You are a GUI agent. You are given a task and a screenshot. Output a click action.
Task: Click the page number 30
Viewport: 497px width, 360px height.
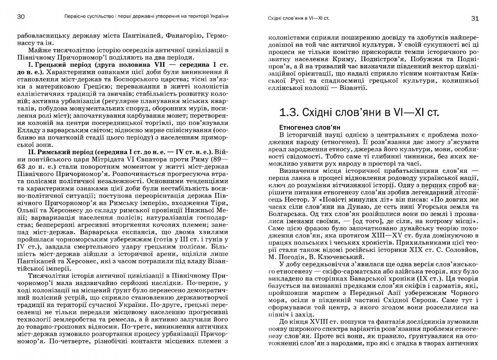[21, 17]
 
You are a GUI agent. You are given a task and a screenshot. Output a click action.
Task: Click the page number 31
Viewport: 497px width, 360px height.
[475, 18]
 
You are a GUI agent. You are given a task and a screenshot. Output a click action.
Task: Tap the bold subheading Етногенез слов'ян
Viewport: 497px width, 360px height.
[310, 127]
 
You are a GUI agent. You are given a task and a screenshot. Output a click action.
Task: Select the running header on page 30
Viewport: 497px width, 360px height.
[146, 17]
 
